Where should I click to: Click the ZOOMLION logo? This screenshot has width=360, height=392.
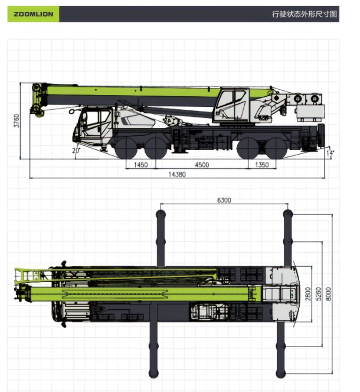coord(32,14)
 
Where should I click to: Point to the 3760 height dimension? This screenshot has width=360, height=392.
coord(17,121)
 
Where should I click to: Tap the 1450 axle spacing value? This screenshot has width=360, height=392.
coord(140,165)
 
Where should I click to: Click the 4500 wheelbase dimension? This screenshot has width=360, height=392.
coord(201,165)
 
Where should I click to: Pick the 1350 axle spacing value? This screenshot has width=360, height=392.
coord(261,165)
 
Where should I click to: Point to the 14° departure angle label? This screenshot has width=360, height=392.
coord(330,153)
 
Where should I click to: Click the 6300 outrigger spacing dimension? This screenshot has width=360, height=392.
coord(224,200)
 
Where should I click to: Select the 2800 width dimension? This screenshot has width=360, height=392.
coord(308,293)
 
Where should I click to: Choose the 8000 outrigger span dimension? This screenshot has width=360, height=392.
coord(329,293)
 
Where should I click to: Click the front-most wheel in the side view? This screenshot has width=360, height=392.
coord(126,148)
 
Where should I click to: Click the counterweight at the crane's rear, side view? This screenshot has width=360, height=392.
coord(309,112)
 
